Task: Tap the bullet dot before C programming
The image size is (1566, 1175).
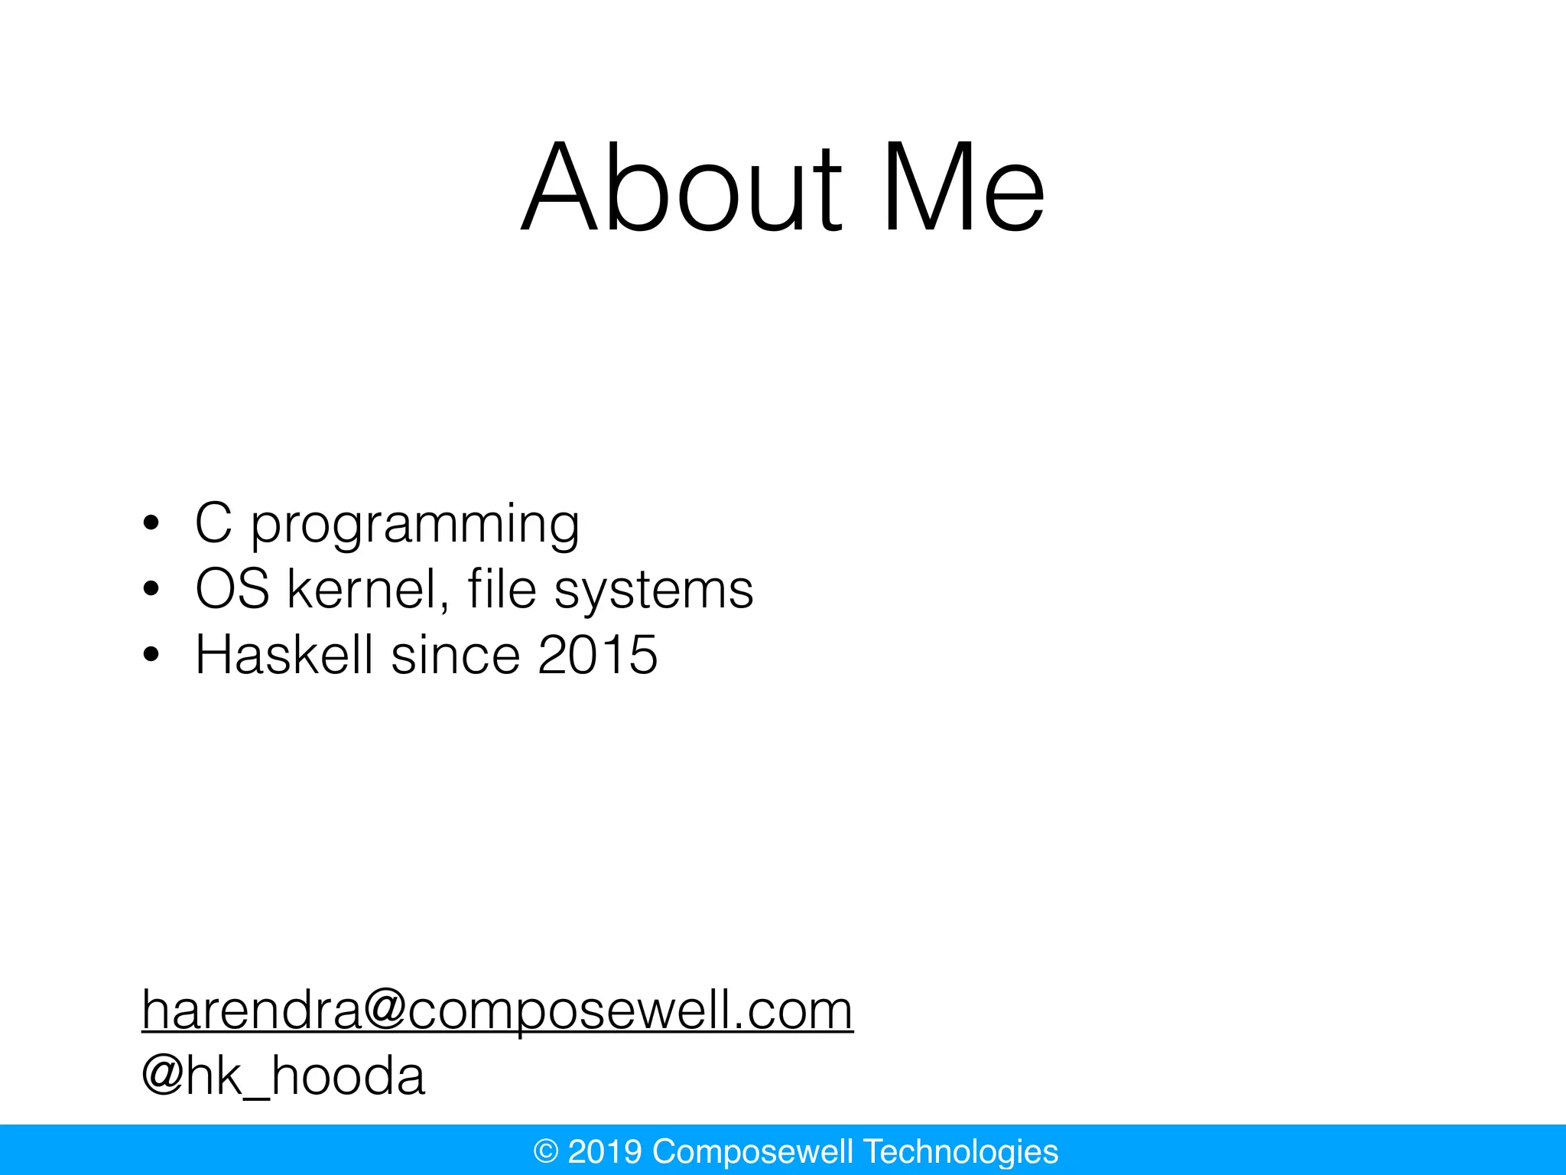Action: pyautogui.click(x=151, y=524)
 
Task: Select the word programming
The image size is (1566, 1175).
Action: pyautogui.click(x=415, y=526)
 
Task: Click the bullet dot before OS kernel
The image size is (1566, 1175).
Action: pyautogui.click(x=151, y=590)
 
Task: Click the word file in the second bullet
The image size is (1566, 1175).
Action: pyautogui.click(x=502, y=589)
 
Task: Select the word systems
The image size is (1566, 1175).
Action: pyautogui.click(x=654, y=592)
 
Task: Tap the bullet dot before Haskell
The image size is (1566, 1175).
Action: pyautogui.click(x=151, y=656)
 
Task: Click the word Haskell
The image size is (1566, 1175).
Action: pyautogui.click(x=284, y=655)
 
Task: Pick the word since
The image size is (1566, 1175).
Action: pyautogui.click(x=456, y=656)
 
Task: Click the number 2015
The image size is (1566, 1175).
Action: pyautogui.click(x=597, y=656)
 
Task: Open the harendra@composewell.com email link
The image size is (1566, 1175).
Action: pyautogui.click(x=497, y=1010)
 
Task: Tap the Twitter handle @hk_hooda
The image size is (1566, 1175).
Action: pyautogui.click(x=284, y=1076)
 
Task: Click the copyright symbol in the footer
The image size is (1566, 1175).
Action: pyautogui.click(x=546, y=1151)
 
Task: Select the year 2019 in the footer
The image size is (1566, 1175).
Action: pyautogui.click(x=605, y=1151)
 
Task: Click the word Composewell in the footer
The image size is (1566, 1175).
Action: pyautogui.click(x=752, y=1151)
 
